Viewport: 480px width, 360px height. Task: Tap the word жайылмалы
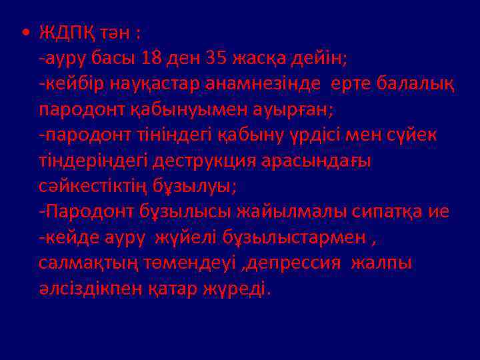coord(285,212)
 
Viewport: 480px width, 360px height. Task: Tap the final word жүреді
coord(236,289)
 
